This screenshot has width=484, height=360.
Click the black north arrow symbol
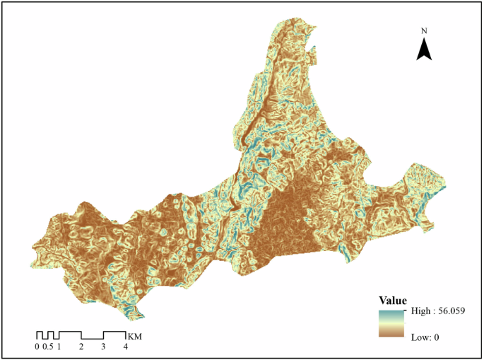tap(424, 49)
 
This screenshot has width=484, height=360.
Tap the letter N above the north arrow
tap(424, 31)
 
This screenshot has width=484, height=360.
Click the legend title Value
tap(392, 300)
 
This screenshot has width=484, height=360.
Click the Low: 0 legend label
tap(425, 337)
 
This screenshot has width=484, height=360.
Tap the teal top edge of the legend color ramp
tap(391, 312)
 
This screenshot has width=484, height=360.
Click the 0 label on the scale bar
tap(37, 347)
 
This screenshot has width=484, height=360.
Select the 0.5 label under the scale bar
tap(48, 347)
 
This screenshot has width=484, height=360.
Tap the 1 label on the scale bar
tap(59, 347)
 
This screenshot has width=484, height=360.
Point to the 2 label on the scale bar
tap(81, 347)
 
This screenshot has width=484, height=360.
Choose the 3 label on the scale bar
tap(103, 347)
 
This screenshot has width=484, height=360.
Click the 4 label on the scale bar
tap(126, 347)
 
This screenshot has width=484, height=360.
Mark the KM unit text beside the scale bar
tap(134, 335)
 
